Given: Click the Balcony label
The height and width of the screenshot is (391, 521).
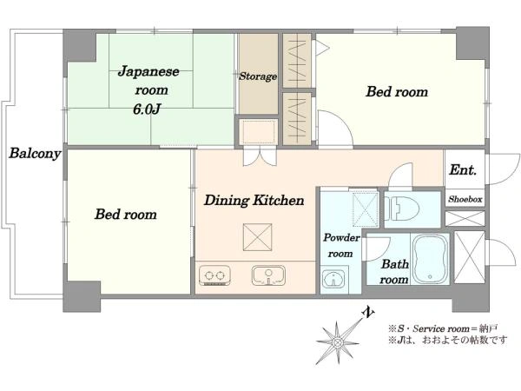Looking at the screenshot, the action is click(x=35, y=153).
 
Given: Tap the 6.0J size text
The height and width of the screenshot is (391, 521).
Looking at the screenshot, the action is click(x=147, y=109).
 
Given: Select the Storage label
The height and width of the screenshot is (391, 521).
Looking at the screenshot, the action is click(x=258, y=76).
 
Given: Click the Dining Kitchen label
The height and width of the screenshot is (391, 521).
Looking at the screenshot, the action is click(x=254, y=200).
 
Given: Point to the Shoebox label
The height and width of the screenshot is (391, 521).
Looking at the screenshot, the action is click(x=465, y=199).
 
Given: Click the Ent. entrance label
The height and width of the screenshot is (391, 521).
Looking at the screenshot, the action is click(x=463, y=170).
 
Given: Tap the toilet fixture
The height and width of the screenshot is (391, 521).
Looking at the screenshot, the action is click(x=401, y=209).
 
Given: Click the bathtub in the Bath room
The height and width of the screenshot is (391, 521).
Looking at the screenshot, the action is click(x=430, y=258).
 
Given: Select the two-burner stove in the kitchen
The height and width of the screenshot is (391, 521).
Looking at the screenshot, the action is click(x=214, y=275).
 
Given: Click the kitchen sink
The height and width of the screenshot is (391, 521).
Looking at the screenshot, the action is click(x=268, y=275).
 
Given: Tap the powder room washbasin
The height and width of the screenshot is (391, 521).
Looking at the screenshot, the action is click(x=334, y=278).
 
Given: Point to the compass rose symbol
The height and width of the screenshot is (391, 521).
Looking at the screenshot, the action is click(x=337, y=342).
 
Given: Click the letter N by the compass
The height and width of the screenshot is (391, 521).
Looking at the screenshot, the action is click(x=368, y=313).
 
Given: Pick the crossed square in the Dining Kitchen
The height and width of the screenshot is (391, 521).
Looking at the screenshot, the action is click(x=258, y=237).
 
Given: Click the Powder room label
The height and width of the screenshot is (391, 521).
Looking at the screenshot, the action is click(x=341, y=245).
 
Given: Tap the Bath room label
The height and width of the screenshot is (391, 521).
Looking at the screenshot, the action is click(x=394, y=272).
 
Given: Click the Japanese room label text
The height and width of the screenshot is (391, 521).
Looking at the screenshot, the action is click(x=148, y=81).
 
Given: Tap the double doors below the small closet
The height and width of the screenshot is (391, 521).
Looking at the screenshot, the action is click(x=260, y=156).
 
